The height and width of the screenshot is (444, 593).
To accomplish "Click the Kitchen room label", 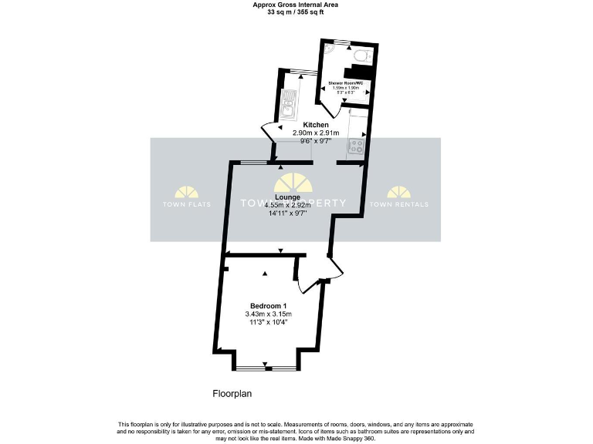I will tap(316, 125).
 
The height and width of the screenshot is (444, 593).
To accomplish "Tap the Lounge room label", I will tap(287, 197).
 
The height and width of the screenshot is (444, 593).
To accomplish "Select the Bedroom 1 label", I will tap(268, 305).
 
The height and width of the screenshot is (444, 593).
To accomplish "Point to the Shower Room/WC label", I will tap(346, 82).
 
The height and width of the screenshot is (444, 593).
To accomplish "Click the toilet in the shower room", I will tap(361, 55).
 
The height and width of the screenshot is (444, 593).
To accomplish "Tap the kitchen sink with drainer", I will tap(287, 103).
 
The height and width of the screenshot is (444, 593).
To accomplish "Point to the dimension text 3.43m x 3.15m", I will tap(268, 314).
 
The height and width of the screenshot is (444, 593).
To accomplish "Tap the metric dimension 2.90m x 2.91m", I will tap(316, 133).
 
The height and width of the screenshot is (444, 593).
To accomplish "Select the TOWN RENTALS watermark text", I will tap(398, 204).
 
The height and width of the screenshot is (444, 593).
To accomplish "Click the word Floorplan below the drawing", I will tap(232, 394).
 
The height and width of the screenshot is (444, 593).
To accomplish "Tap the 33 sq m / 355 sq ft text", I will tap(296, 12).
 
